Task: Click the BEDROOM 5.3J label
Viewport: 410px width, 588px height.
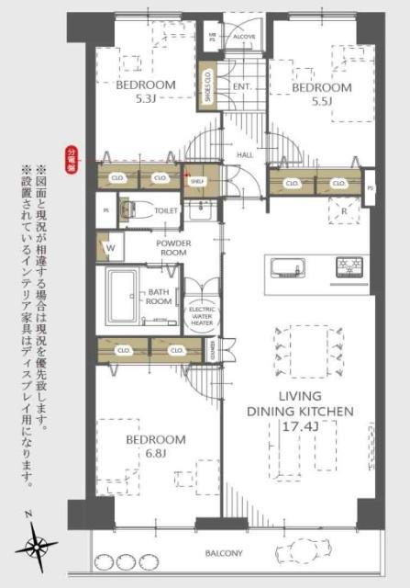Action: [x=146, y=92]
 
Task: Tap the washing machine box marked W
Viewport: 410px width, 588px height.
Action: [x=110, y=247]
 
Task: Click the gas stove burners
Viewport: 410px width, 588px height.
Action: [x=349, y=267]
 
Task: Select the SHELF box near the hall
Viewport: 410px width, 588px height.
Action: [x=196, y=181]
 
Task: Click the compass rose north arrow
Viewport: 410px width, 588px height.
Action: [x=39, y=544]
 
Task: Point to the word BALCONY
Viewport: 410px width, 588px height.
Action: [x=224, y=553]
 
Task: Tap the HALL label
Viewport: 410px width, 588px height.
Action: [x=245, y=155]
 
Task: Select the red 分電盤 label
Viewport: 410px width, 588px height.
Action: [x=71, y=156]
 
